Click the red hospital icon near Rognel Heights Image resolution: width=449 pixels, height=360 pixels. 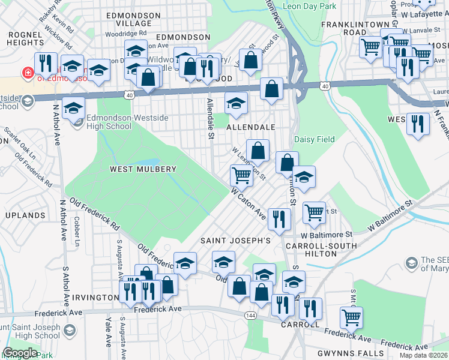[27, 73]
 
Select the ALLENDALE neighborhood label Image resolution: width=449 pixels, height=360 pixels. [250, 128]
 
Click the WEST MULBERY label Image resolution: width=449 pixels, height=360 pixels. [143, 170]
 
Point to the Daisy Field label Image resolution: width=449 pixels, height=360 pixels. [314, 140]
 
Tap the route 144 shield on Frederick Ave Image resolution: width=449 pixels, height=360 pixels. [250, 315]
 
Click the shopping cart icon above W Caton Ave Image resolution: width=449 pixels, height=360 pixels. [241, 175]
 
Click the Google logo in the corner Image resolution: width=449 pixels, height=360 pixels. [20, 353]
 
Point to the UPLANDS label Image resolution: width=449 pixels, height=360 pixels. [25, 215]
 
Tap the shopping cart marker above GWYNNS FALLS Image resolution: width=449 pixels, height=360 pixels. [351, 317]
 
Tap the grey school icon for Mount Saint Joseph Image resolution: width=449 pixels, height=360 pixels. [70, 331]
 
